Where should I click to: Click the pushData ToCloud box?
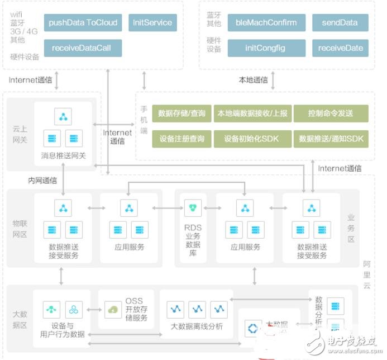[x=83, y=23]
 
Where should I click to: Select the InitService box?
[x=152, y=23]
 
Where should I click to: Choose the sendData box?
[x=340, y=23]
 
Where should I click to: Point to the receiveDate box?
[x=340, y=48]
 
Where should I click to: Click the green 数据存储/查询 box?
[x=181, y=113]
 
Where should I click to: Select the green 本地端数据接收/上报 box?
[x=251, y=113]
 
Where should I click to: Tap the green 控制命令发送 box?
[x=331, y=113]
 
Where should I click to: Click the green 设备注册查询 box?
[x=181, y=139]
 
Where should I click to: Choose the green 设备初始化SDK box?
[x=251, y=139]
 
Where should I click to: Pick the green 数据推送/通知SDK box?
[x=331, y=139]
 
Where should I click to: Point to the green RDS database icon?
[x=193, y=208]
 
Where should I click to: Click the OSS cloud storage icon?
[x=113, y=309]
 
